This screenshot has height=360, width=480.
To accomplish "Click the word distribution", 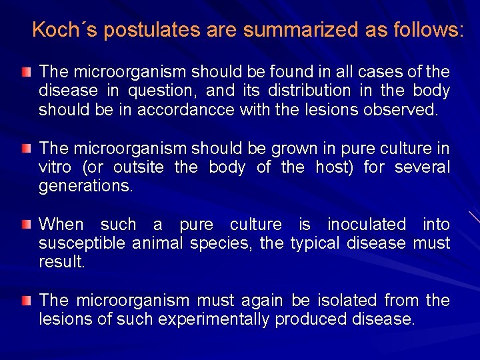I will click(309, 90).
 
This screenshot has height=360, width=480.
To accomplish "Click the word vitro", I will click(57, 167).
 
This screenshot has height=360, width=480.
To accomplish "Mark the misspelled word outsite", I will click(135, 167).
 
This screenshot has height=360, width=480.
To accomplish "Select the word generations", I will click(86, 186).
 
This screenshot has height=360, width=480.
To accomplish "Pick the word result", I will click(62, 262).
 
